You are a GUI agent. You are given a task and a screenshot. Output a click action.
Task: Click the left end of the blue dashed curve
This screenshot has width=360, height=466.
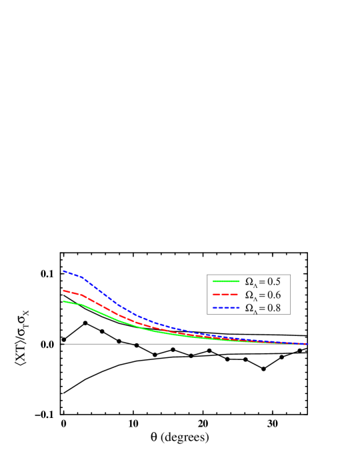click(63, 271)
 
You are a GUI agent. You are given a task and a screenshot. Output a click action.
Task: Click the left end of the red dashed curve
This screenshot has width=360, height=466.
click(63, 290)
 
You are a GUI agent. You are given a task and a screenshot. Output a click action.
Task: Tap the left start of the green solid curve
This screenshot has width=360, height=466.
click(63, 301)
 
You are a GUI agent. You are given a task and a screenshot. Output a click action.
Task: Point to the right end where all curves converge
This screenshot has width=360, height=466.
click(307, 344)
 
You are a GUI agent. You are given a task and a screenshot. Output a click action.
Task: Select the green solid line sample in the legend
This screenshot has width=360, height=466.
click(225, 282)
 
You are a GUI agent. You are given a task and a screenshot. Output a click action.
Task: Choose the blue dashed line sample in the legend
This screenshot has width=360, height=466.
click(225, 307)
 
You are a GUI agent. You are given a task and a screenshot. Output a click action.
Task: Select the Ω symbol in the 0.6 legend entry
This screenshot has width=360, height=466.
click(249, 295)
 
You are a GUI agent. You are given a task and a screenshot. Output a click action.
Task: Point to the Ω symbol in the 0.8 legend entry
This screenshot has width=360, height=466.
click(249, 307)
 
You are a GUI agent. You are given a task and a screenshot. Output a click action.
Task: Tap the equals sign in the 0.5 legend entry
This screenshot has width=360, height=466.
click(262, 282)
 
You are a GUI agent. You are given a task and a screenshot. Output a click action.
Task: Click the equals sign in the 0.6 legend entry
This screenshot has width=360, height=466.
click(262, 295)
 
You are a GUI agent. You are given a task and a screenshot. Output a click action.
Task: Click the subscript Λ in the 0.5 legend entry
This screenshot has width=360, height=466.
click(255, 285)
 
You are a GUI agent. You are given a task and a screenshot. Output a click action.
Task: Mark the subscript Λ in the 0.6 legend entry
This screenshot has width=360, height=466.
click(255, 298)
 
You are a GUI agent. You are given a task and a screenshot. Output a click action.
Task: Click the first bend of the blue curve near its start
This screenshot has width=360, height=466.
click(82, 277)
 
